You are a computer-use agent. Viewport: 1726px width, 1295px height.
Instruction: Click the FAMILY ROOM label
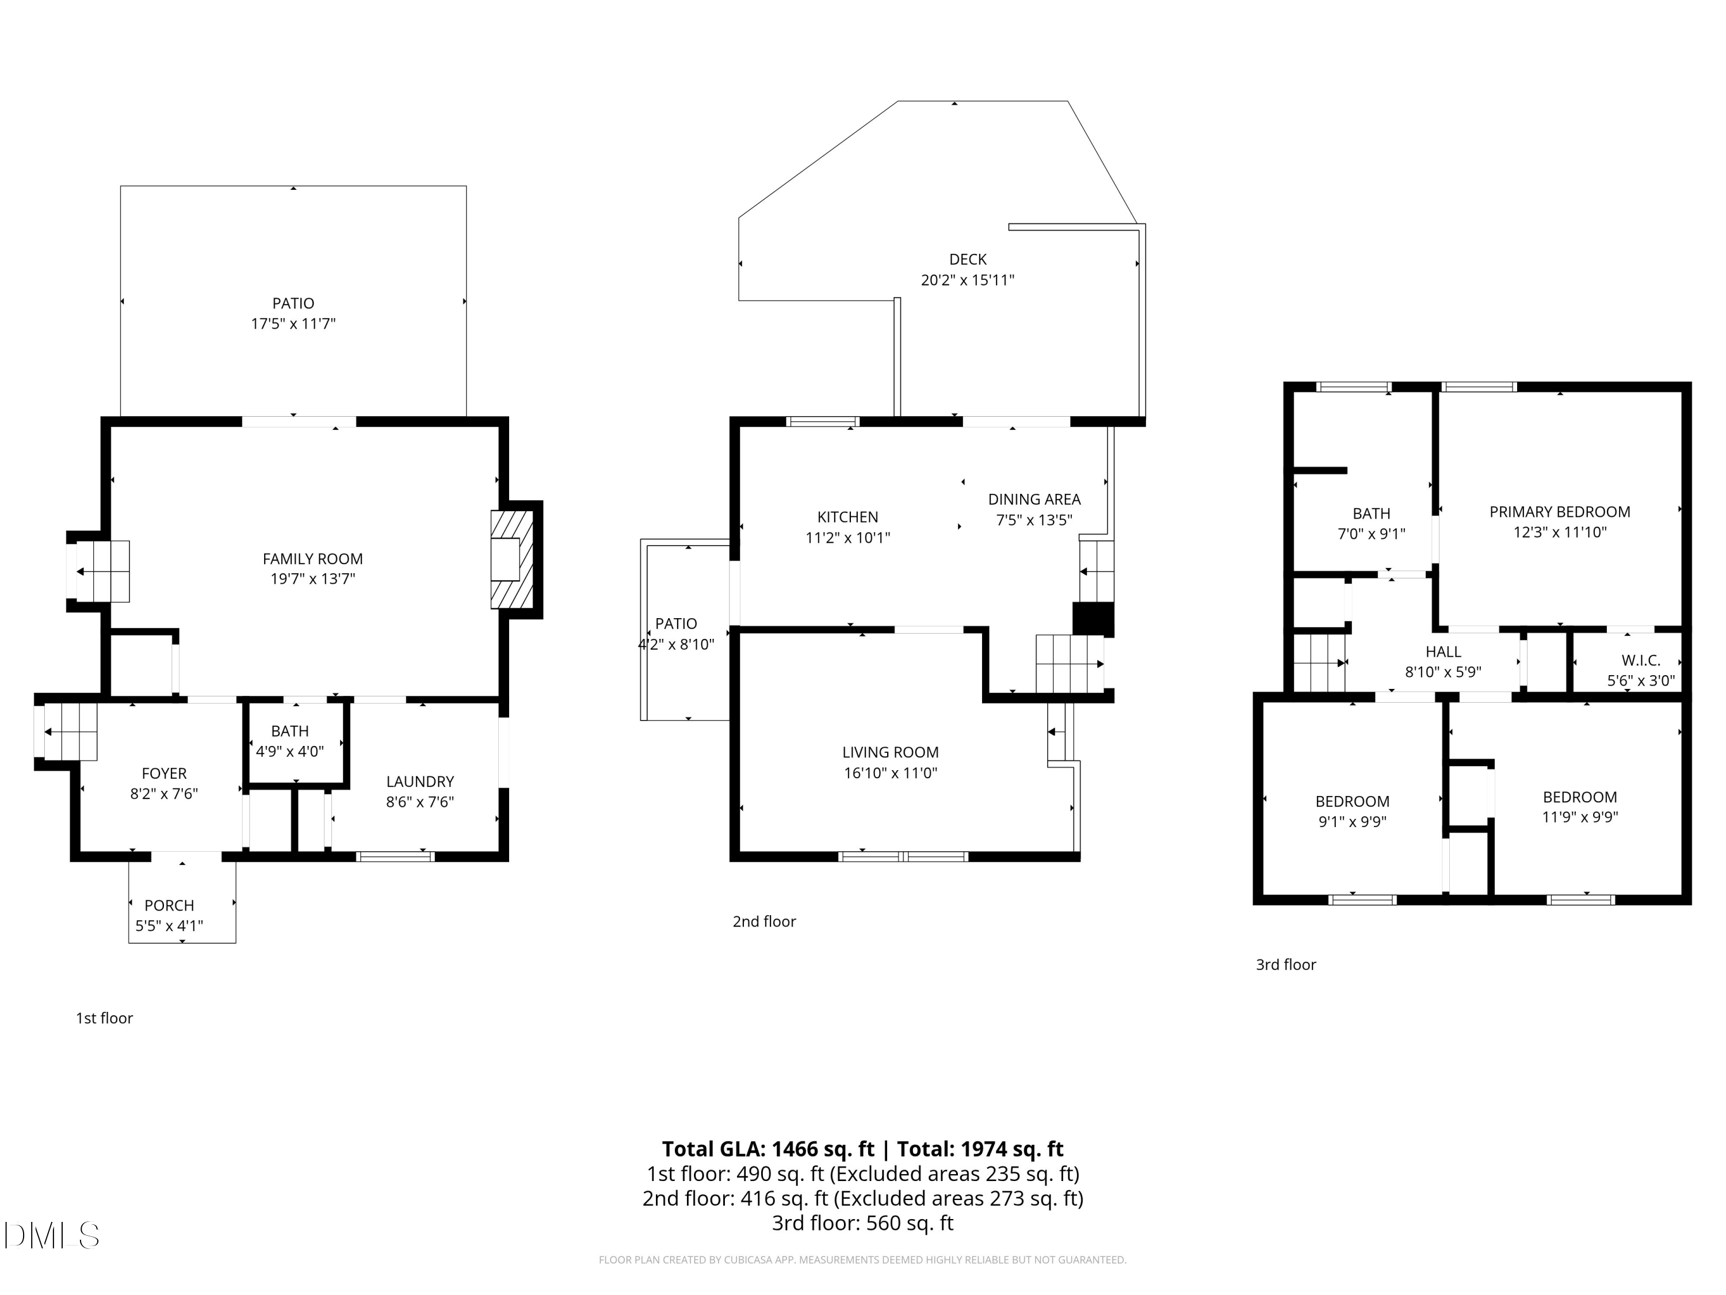coord(312,559)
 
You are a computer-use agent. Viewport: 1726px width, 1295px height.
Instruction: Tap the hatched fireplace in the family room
coord(512,559)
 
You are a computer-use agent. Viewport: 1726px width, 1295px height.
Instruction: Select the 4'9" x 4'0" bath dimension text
coord(289,752)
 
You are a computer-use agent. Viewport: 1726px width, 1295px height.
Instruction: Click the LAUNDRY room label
coord(420,782)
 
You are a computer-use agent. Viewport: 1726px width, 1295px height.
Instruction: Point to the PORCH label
coord(169,905)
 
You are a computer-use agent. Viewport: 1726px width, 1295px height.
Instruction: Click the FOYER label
coord(164,774)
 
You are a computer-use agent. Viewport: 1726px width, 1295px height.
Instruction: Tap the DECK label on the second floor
coord(968,259)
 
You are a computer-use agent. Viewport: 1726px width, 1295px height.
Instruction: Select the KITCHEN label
coord(847,517)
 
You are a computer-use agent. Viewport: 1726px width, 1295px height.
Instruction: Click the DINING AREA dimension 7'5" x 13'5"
coord(1034,520)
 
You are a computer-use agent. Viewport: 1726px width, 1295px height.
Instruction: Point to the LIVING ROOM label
coord(890,752)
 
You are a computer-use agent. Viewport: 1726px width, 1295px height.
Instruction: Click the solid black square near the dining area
coord(1093,618)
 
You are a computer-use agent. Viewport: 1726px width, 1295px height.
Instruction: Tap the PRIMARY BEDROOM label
coord(1559,512)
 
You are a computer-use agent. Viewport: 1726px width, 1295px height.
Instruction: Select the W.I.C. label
coord(1640,660)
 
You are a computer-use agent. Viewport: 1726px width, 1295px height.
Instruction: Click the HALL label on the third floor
coord(1443,652)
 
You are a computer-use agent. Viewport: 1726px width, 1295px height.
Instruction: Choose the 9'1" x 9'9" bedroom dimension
coord(1351,821)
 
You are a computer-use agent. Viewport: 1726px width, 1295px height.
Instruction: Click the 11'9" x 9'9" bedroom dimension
coord(1579,817)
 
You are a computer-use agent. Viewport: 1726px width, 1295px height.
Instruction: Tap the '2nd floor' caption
coord(764,921)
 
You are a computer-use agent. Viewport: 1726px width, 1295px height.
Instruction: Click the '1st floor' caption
coord(104,1018)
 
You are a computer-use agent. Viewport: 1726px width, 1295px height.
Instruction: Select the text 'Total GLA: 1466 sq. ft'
coord(768,1149)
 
